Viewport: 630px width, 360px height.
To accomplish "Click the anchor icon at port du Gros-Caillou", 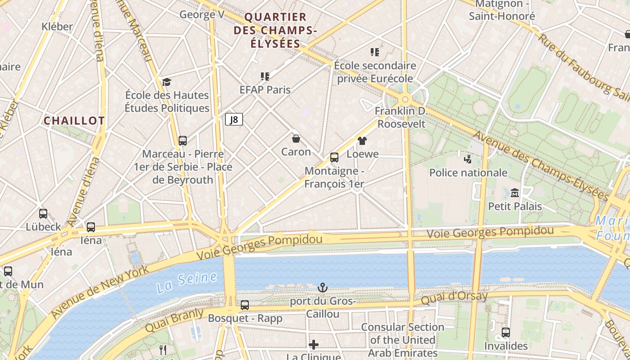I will (x=322, y=287).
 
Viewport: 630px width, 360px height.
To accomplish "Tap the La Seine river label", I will (x=187, y=281).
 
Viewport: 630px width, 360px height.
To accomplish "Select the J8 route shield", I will (x=234, y=119).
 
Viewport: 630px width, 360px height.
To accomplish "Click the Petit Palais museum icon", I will (x=515, y=193).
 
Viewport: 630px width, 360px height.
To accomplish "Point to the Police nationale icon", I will (x=468, y=158).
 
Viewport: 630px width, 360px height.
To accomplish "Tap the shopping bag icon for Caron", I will (x=296, y=138).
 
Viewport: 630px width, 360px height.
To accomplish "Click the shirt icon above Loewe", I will (x=362, y=141).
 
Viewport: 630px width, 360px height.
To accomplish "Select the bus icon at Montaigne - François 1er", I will (x=334, y=157).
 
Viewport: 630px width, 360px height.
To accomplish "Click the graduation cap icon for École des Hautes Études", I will (x=167, y=81).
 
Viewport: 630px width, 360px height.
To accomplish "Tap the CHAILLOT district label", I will (x=74, y=121).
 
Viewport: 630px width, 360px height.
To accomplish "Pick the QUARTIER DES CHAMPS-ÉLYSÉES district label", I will (x=276, y=31).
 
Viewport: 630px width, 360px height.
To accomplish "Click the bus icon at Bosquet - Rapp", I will (x=245, y=305).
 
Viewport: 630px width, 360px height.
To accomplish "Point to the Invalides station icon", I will (x=506, y=333).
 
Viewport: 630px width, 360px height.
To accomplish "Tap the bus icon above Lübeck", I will (x=43, y=213).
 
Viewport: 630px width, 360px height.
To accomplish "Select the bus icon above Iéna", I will (x=91, y=227).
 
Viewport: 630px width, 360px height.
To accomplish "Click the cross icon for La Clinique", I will (x=314, y=345).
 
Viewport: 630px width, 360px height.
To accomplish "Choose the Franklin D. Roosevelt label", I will (x=401, y=117).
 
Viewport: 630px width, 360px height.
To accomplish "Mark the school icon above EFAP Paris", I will (x=265, y=76).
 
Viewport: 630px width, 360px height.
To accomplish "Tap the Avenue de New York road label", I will (x=100, y=292).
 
